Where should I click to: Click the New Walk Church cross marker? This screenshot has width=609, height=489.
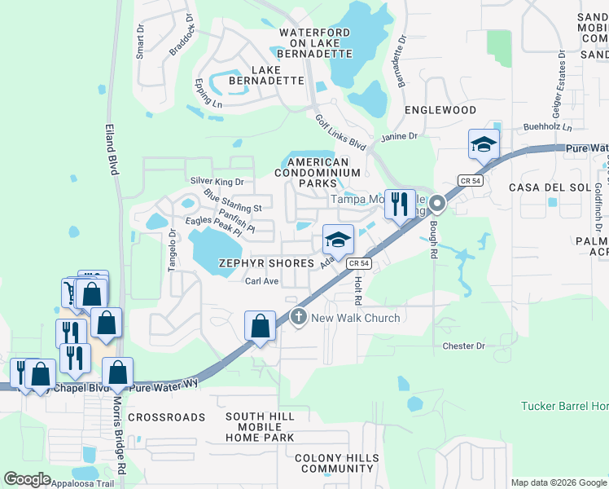click(x=298, y=318)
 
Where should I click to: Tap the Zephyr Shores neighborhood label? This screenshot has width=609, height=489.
click(x=266, y=263)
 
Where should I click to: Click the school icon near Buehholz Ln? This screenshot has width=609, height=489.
click(x=484, y=144)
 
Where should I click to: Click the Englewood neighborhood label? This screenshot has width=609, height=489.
click(x=440, y=109)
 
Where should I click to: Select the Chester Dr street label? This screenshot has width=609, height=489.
click(x=463, y=346)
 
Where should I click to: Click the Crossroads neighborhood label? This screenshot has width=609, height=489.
click(x=166, y=417)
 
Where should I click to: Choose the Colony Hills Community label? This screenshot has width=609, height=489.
click(x=335, y=464)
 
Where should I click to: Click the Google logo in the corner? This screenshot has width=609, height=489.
click(x=28, y=479)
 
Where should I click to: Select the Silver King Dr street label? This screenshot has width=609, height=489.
click(x=217, y=181)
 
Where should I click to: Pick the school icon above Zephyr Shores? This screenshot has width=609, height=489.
click(x=338, y=239)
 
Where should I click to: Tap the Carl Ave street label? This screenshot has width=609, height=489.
click(x=262, y=281)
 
